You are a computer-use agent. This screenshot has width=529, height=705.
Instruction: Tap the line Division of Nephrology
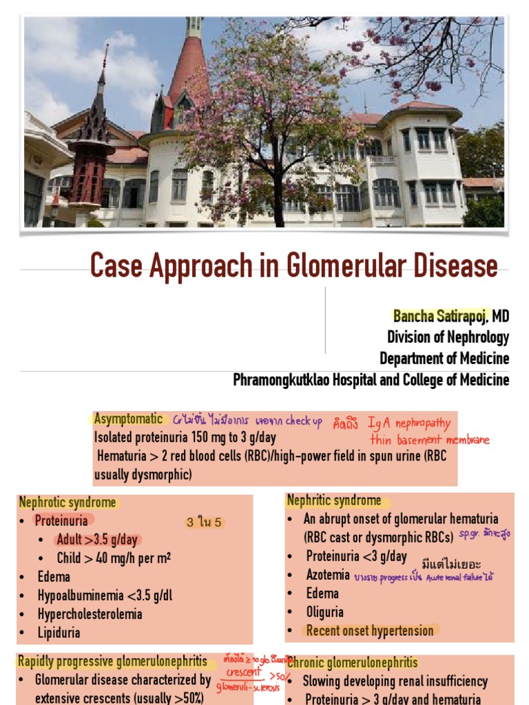click(448, 337)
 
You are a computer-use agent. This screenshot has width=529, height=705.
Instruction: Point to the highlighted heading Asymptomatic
click(129, 419)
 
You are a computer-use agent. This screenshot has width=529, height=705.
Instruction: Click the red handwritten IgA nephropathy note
click(408, 423)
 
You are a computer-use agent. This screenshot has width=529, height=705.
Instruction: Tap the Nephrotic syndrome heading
click(68, 503)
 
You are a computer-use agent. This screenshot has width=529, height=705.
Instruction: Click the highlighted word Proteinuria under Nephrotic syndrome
click(61, 521)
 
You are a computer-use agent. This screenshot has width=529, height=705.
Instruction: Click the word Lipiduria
click(59, 632)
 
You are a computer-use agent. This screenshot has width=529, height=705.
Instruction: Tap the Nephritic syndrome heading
click(334, 501)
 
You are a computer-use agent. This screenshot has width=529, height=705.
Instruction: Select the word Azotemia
click(328, 574)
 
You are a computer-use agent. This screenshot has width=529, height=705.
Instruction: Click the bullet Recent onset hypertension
click(370, 630)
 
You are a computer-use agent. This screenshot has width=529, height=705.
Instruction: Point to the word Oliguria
click(324, 611)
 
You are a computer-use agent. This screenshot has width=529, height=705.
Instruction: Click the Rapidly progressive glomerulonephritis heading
click(112, 662)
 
